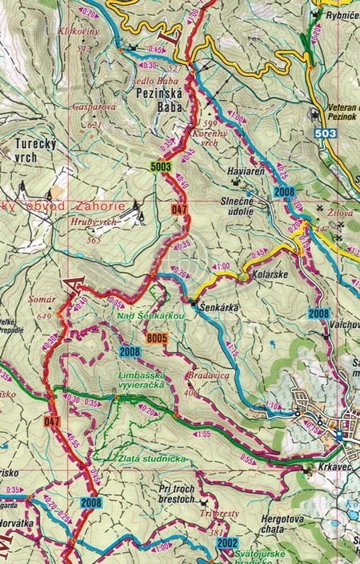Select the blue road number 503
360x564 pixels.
[x=326, y=134]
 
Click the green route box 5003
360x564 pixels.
[x=161, y=167]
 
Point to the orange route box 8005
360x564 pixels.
[x=156, y=338]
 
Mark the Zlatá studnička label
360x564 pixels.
[x=141, y=458]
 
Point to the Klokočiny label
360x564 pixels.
[x=79, y=31]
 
